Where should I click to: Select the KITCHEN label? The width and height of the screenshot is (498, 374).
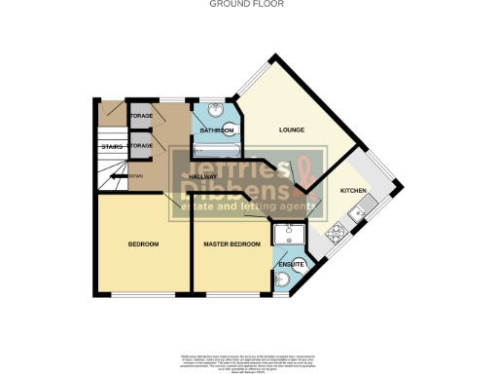352,191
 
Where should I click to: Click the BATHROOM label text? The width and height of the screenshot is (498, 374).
216,131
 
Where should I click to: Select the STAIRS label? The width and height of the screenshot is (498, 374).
110,147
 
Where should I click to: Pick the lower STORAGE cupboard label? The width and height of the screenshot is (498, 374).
141,145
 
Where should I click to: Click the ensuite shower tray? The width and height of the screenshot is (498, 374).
289,237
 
